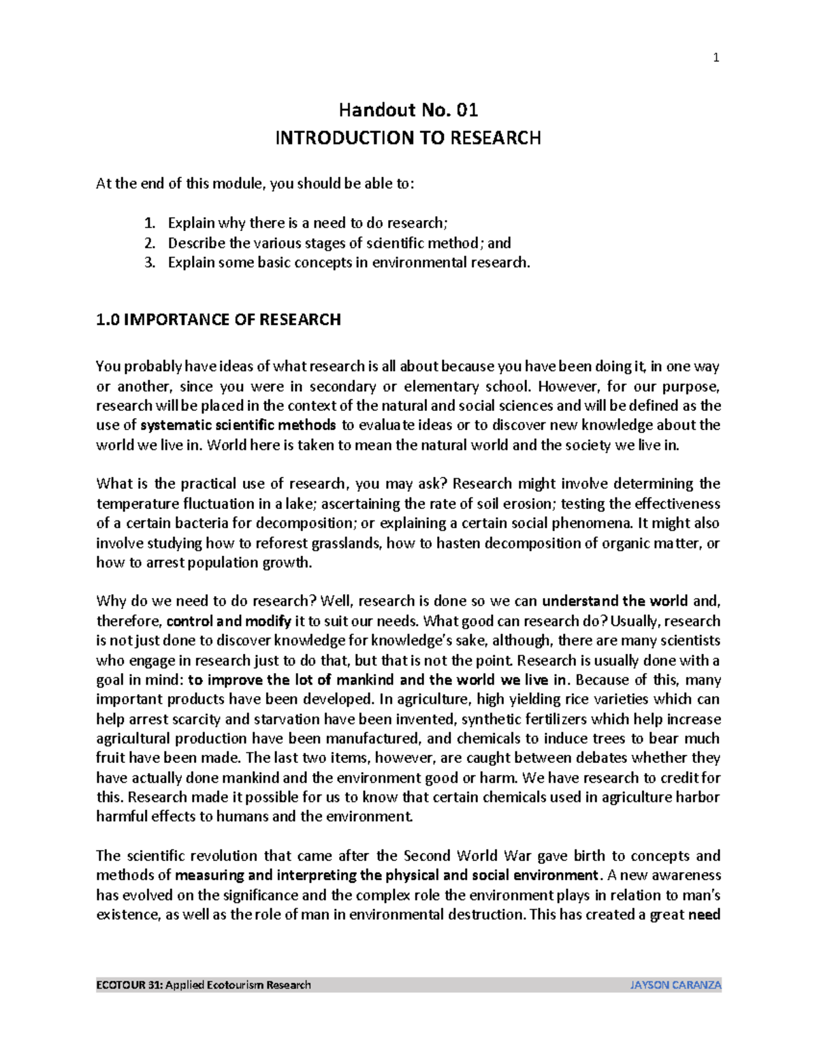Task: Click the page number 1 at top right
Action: (716, 58)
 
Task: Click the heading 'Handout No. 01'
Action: (408, 110)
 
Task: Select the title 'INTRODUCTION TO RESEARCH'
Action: (408, 138)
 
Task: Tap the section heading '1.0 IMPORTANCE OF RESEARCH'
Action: (218, 320)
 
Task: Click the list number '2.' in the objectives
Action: (150, 243)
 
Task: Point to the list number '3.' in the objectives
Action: (150, 263)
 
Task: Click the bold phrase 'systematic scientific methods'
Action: (238, 426)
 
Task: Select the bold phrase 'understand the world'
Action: (614, 602)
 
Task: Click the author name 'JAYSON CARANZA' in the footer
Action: (675, 985)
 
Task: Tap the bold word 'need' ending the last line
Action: (704, 915)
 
